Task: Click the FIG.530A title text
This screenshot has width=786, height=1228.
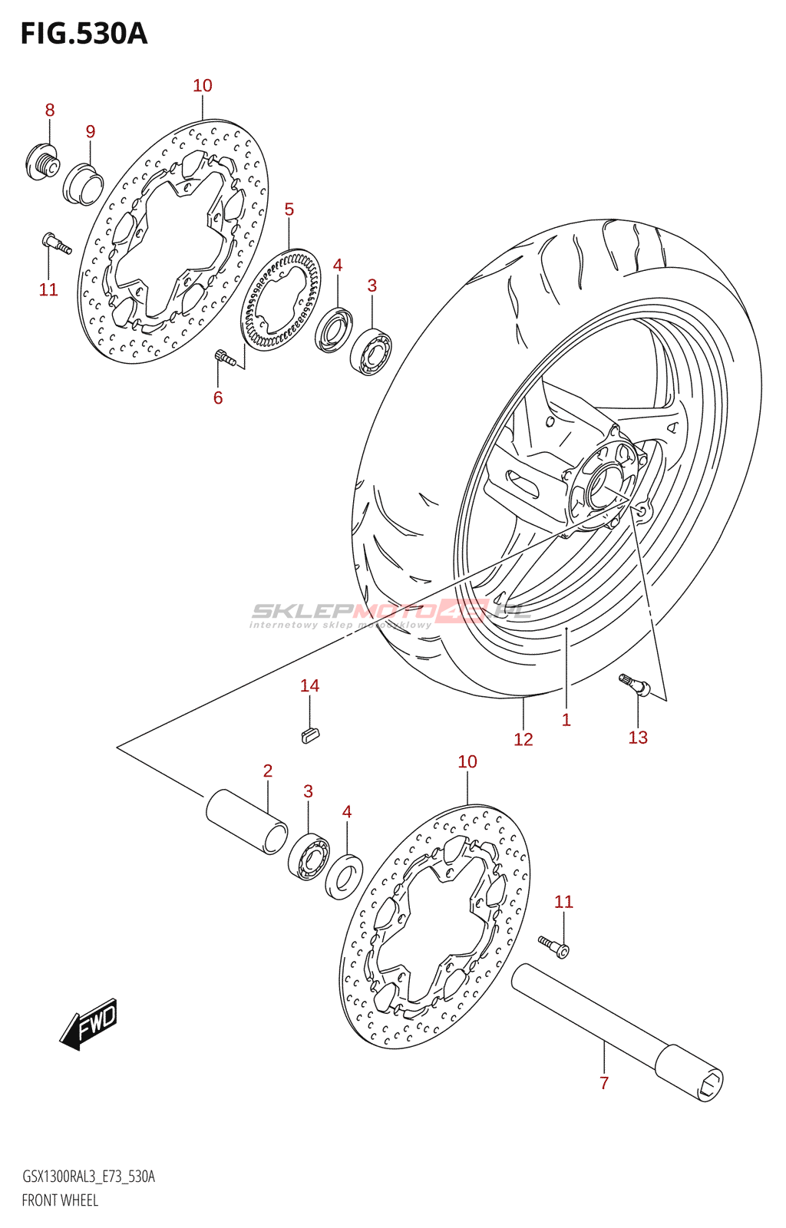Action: tap(83, 34)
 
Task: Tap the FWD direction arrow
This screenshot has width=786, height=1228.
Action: tap(89, 1024)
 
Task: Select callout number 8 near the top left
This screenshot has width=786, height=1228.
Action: tap(50, 110)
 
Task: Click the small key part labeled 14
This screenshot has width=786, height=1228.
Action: tap(309, 734)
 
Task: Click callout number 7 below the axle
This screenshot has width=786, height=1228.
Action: tap(604, 1083)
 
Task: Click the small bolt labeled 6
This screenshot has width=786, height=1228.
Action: tap(223, 356)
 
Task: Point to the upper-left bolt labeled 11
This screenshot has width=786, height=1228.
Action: tap(56, 243)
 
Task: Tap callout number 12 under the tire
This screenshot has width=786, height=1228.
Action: tap(523, 739)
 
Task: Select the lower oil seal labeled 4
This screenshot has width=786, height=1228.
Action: tap(344, 875)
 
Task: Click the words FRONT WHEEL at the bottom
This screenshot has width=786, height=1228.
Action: tap(60, 1200)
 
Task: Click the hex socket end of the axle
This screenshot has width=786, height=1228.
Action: tap(711, 1084)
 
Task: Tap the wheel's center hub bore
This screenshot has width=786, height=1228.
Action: tap(604, 488)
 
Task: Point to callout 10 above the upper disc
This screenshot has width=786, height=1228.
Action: tap(203, 86)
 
